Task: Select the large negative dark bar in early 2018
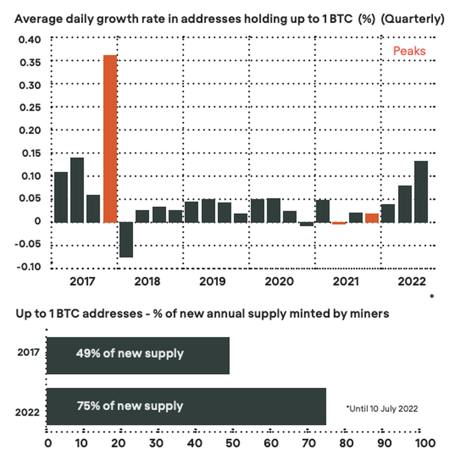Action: (127, 240)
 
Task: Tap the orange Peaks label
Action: (409, 52)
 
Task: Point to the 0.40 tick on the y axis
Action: (30, 39)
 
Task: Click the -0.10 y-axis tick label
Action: (29, 267)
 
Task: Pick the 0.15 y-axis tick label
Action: (30, 154)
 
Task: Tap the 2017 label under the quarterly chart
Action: (83, 282)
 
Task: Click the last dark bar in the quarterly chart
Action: (420, 192)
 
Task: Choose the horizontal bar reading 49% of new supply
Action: (138, 355)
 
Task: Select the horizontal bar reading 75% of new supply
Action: (186, 406)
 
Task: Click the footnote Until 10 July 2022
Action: (382, 409)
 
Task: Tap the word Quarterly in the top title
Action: (411, 19)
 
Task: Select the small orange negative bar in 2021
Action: (339, 223)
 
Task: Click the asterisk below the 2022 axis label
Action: (432, 297)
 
